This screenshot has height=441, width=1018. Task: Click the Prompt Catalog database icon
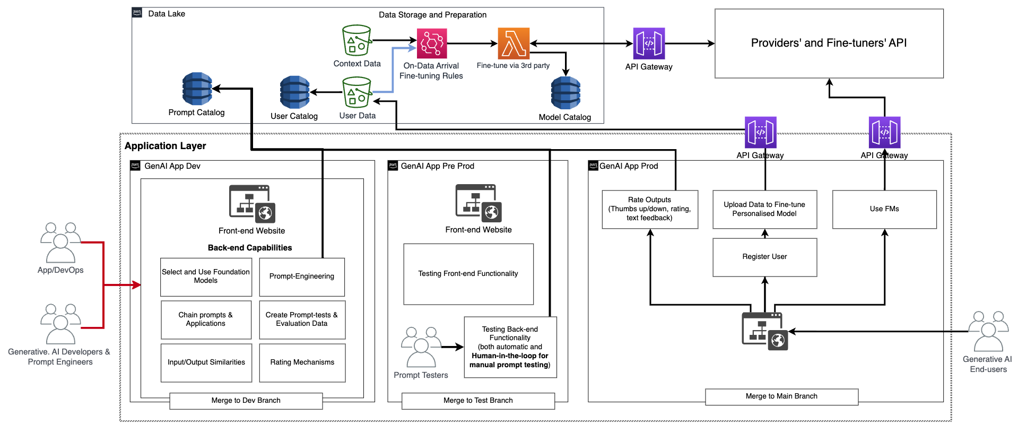coord(197,89)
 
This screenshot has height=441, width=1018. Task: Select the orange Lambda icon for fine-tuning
coord(514,43)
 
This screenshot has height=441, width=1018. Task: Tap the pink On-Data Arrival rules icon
coord(432,43)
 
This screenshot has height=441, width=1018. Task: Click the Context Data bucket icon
coord(356,40)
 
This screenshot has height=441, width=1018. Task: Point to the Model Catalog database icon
coord(565,93)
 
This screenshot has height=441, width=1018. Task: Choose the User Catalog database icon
coord(294,92)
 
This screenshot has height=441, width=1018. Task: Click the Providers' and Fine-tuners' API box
coord(829,44)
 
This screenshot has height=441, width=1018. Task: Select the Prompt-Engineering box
coord(302,276)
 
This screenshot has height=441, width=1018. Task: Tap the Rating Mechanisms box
coord(302,362)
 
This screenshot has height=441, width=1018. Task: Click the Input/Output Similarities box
coord(206,362)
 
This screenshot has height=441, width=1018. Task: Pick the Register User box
coord(764,257)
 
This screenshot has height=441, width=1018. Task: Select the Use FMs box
coord(884,209)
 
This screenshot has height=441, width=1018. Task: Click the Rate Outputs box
coord(649,209)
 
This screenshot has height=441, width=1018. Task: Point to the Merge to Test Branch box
coord(478,401)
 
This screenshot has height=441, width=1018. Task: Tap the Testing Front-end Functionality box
coord(468,274)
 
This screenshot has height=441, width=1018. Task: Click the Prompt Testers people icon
coord(421,348)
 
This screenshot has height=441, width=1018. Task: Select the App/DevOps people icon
coord(60,243)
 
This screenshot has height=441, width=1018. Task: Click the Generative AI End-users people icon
coord(988,331)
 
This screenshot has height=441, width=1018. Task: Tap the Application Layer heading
coord(165,146)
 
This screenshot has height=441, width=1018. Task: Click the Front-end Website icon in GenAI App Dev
coord(252,204)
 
